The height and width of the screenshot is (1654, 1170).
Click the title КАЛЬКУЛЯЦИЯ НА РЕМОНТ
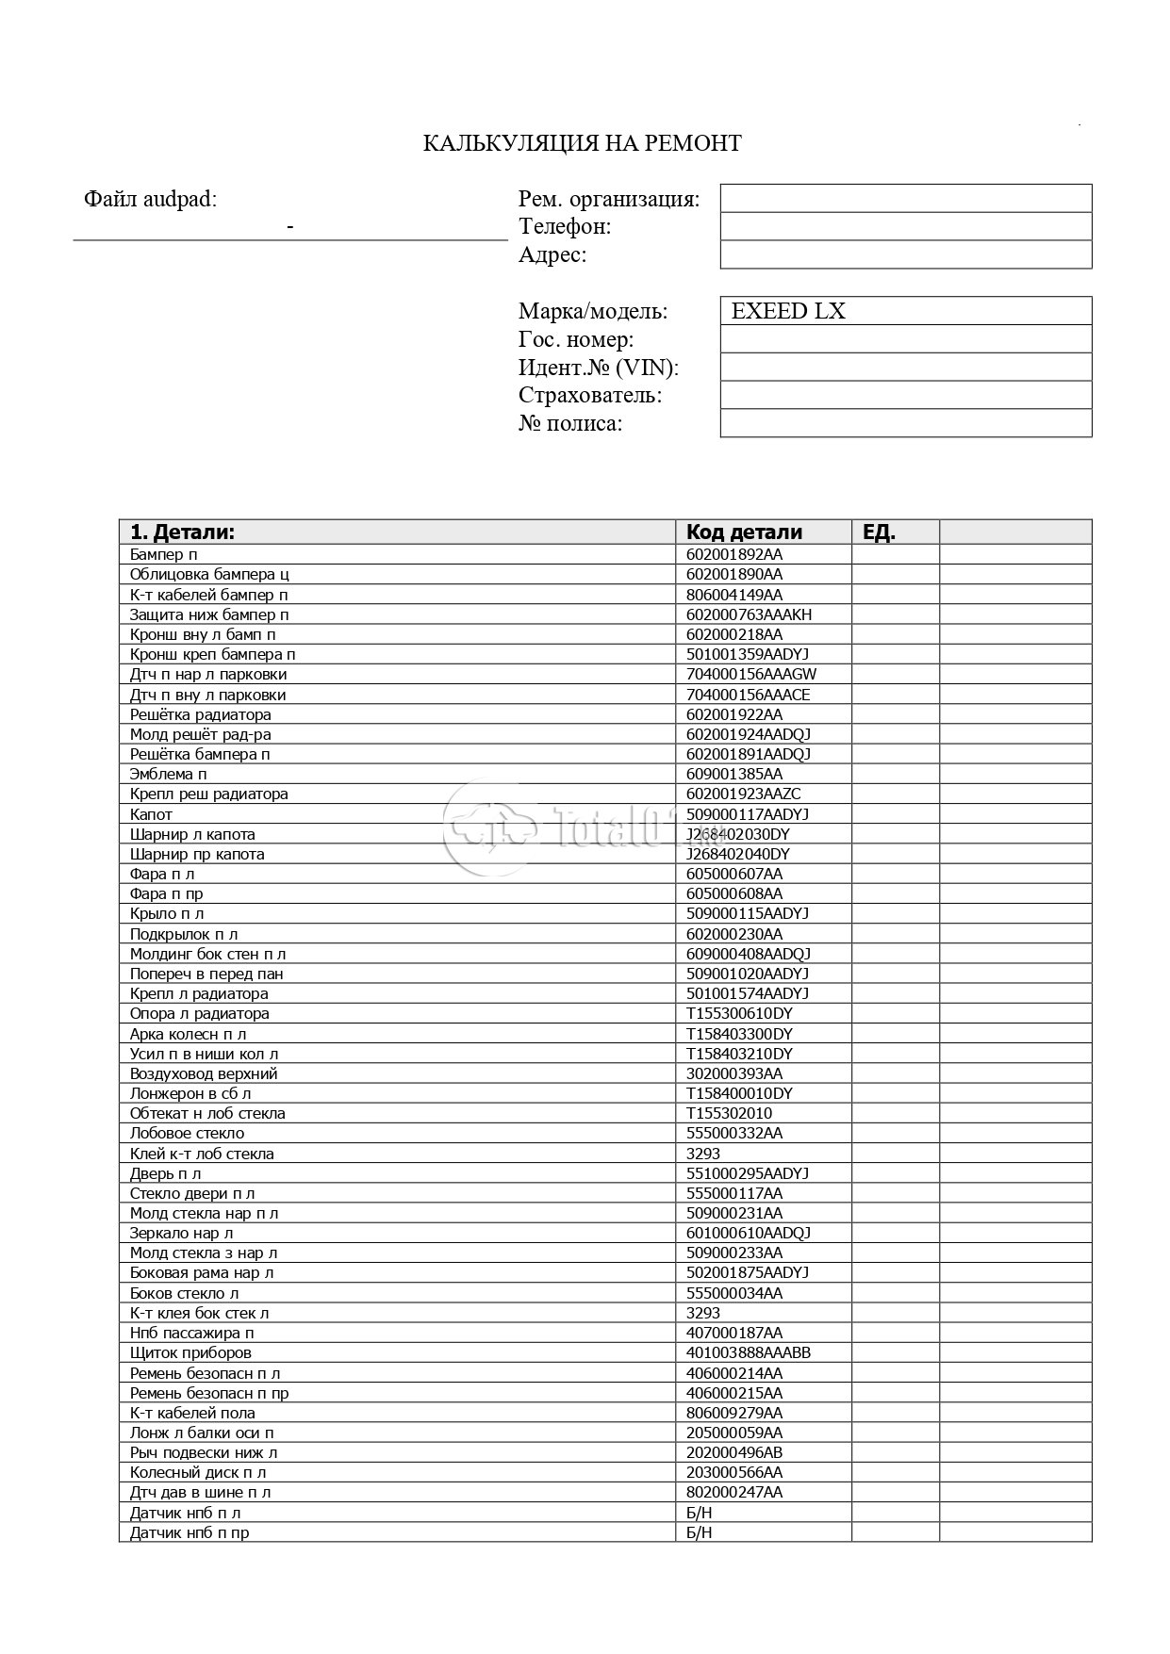pyautogui.click(x=582, y=143)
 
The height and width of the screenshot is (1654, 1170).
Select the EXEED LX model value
pyautogui.click(x=788, y=311)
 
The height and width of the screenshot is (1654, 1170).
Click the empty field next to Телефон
pyautogui.click(x=905, y=226)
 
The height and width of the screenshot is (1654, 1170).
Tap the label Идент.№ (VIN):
pyautogui.click(x=598, y=368)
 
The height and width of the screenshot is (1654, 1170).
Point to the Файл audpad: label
pyautogui.click(x=150, y=199)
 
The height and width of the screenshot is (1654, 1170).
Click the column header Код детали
pyautogui.click(x=744, y=532)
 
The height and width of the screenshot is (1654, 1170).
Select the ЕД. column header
pyautogui.click(x=879, y=532)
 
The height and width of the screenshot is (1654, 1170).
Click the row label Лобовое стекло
pyautogui.click(x=187, y=1133)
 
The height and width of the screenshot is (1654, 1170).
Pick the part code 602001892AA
pyautogui.click(x=733, y=554)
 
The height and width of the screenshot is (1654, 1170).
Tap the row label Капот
pyautogui.click(x=151, y=814)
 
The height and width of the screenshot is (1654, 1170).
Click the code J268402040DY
pyautogui.click(x=737, y=854)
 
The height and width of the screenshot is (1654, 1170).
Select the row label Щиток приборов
pyautogui.click(x=190, y=1352)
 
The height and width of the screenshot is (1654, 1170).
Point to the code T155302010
pyautogui.click(x=729, y=1113)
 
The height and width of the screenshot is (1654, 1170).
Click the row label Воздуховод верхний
pyautogui.click(x=204, y=1073)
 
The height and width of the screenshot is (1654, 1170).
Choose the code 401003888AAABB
pyautogui.click(x=749, y=1352)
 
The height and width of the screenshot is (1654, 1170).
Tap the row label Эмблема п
pyautogui.click(x=168, y=774)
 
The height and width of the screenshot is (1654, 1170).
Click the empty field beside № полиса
pyautogui.click(x=905, y=423)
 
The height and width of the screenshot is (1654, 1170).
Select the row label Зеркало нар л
pyautogui.click(x=181, y=1233)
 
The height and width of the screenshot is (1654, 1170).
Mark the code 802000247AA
pyautogui.click(x=733, y=1492)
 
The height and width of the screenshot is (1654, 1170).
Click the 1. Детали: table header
pyautogui.click(x=182, y=532)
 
